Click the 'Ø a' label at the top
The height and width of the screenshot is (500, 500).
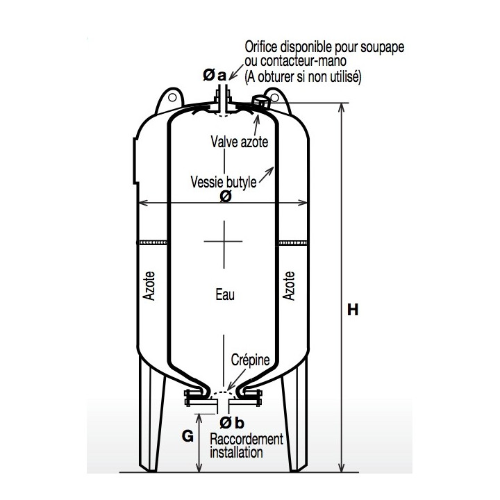click(215, 75)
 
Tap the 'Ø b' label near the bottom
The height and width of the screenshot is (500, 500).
click(232, 423)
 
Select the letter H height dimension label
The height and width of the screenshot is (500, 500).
click(353, 310)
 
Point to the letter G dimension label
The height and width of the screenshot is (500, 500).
click(187, 436)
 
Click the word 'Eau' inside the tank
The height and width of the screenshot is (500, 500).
click(225, 294)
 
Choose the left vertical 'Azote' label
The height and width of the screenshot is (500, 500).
click(149, 285)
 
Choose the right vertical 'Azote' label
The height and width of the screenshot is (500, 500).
click(289, 285)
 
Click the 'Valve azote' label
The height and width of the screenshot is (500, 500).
click(240, 142)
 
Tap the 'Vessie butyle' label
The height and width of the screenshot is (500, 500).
click(224, 182)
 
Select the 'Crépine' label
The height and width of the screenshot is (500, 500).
click(250, 360)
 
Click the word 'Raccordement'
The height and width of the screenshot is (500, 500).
click(247, 439)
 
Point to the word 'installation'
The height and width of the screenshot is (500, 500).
click(236, 452)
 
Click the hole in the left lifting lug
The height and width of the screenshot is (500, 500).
click(172, 98)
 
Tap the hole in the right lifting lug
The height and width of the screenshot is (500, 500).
click(275, 98)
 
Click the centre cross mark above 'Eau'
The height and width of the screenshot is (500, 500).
click(224, 242)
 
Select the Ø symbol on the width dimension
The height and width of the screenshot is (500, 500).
click(226, 197)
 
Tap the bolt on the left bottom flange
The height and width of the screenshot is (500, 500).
click(188, 398)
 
